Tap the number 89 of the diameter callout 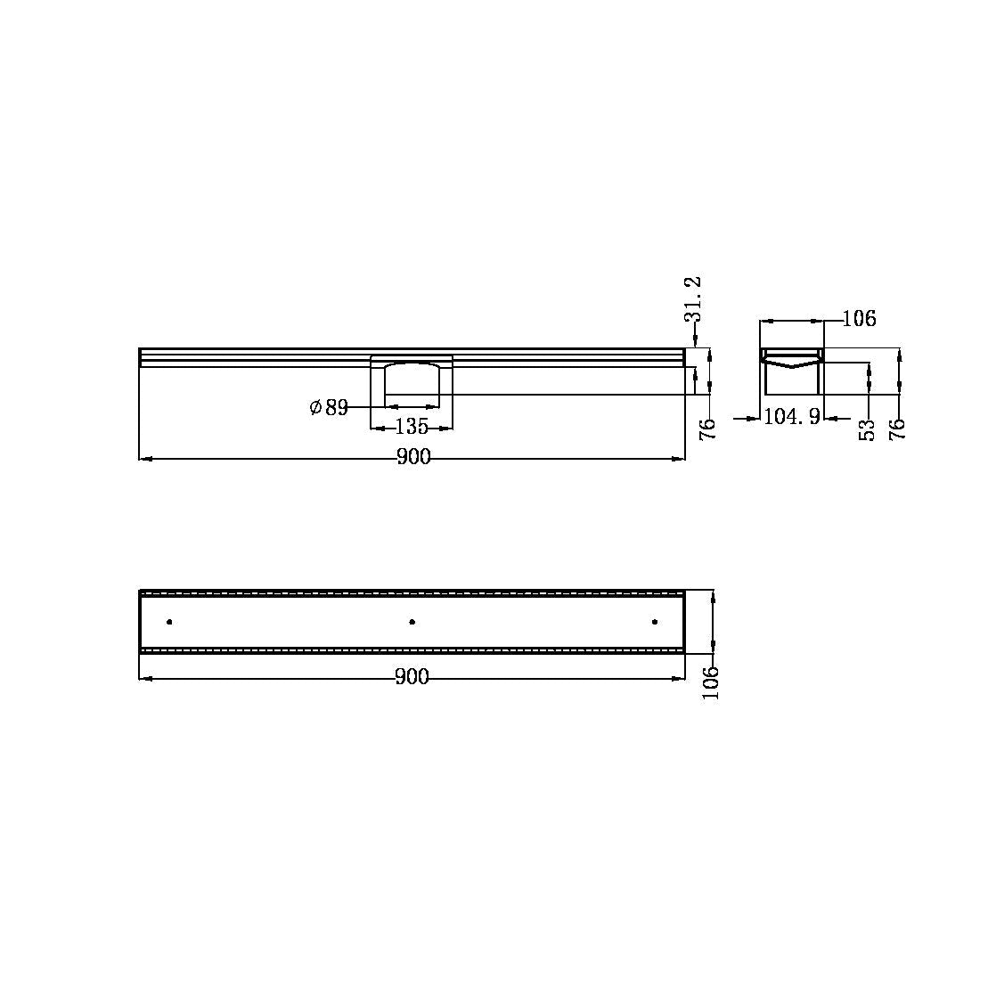pos(337,408)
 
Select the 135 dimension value pos(412,427)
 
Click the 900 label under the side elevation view pos(413,457)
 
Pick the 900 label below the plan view pos(412,677)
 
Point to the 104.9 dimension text pos(792,416)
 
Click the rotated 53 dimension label pos(868,429)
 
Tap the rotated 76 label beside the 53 pos(897,429)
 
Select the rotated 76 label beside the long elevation pos(708,429)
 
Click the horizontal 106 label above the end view pos(860,319)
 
